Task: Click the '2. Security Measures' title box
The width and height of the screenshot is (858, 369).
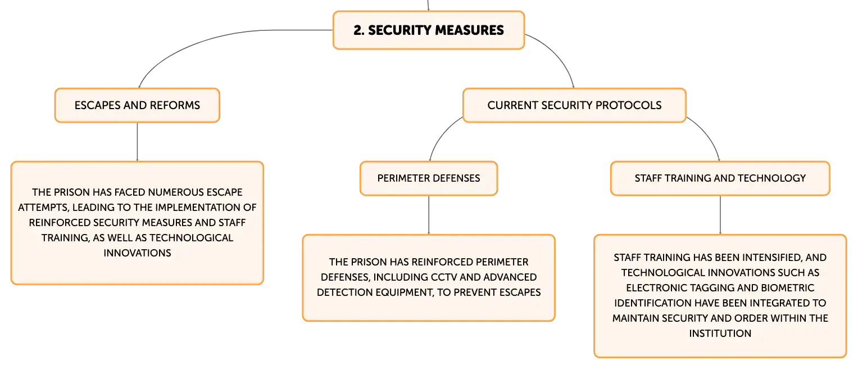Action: (x=429, y=30)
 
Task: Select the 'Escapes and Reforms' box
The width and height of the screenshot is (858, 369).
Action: (x=137, y=106)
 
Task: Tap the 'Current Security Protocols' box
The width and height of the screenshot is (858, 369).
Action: (x=574, y=106)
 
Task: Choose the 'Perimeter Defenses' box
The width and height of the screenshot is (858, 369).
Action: (x=429, y=178)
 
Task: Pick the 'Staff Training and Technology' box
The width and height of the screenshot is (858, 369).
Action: (x=720, y=178)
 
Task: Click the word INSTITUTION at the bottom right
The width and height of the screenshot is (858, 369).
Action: (x=720, y=334)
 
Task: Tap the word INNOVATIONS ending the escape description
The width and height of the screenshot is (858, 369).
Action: (x=137, y=253)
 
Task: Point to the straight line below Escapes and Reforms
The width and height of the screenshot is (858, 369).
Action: (x=137, y=142)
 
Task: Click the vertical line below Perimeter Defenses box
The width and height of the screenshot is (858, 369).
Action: (x=429, y=215)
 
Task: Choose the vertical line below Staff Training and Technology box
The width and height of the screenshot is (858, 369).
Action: (x=720, y=215)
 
